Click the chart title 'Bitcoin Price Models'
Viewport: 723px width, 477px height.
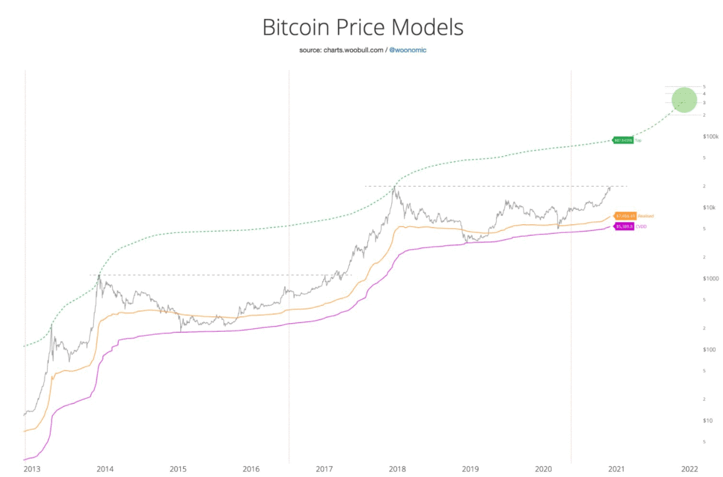pos(363,27)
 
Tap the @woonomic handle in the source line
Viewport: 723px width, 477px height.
pos(408,50)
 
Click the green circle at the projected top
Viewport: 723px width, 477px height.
pos(684,100)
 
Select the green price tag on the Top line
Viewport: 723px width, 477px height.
pos(623,140)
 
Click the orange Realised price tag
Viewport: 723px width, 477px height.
pos(625,216)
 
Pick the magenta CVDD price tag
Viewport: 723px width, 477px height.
pos(624,226)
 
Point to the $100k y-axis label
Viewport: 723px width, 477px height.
pos(709,137)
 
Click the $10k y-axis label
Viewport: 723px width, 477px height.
pos(710,208)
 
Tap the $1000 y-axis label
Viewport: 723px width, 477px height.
pos(710,279)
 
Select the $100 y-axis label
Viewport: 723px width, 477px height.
pos(710,349)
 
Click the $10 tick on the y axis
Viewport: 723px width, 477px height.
pos(708,420)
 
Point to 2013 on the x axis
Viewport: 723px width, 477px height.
pos(32,469)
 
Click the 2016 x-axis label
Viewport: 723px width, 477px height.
pos(251,469)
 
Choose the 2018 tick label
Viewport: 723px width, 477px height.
pos(398,469)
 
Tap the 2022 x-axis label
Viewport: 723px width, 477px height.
pos(690,469)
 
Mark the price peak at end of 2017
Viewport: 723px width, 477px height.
pos(394,187)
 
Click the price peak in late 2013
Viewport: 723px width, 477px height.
pos(100,276)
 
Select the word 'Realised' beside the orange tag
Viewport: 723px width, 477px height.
pos(645,216)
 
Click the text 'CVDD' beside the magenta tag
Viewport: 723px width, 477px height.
pos(641,226)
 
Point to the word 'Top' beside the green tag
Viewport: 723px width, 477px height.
pos(638,140)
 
